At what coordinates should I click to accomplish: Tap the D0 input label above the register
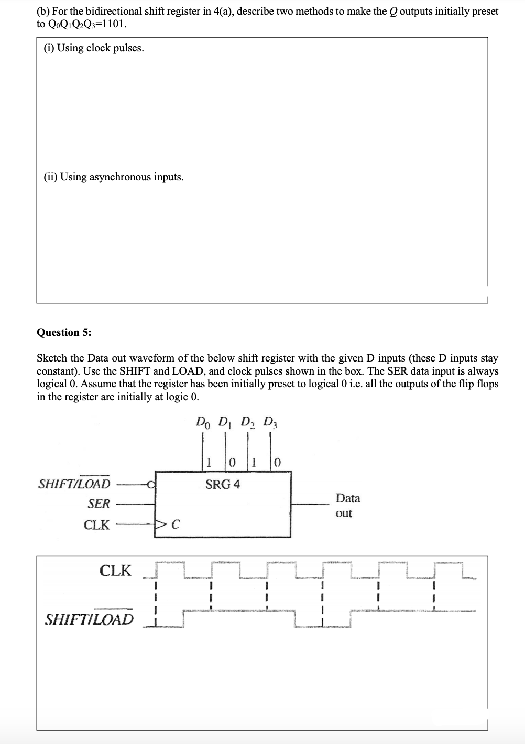202,422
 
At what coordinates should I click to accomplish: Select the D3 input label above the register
270,422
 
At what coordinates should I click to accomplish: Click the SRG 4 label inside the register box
223,485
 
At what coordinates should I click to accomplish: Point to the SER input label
99,504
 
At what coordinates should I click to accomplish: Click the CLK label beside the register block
97,524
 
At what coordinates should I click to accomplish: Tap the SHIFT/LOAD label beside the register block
74,483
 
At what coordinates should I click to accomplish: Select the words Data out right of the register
347,506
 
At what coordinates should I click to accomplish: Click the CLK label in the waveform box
115,571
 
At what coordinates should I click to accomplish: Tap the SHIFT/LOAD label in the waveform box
89,619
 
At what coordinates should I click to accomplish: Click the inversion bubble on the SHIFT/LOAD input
151,484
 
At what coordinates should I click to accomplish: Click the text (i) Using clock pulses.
93,48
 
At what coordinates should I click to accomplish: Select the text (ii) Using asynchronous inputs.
113,177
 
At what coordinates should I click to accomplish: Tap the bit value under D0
209,463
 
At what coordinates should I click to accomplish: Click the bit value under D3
278,463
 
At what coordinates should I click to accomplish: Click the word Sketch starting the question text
52,358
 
